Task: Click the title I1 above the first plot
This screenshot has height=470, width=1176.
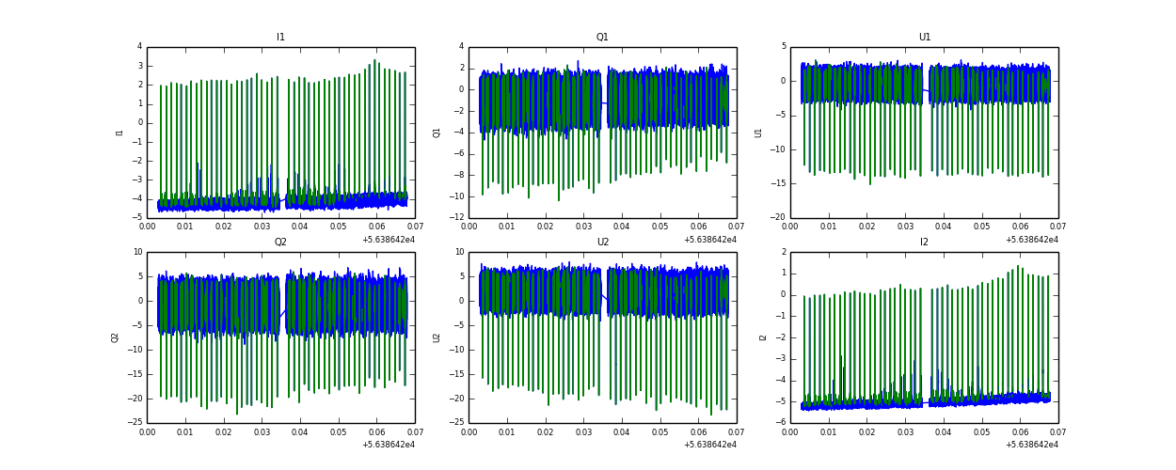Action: (280, 38)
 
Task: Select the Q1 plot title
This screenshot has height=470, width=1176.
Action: (602, 38)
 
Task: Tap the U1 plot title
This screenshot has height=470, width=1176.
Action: (925, 38)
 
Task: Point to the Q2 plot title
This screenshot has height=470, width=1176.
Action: (280, 242)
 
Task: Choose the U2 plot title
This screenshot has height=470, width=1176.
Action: (602, 242)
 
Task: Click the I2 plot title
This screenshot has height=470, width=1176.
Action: (924, 242)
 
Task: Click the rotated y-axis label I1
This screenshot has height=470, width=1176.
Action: (119, 133)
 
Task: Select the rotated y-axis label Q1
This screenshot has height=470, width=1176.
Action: (437, 133)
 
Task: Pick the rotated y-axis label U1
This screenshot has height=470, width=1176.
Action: (758, 133)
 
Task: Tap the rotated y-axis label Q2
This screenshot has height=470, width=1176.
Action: (115, 337)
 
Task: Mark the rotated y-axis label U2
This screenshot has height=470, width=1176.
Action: (437, 337)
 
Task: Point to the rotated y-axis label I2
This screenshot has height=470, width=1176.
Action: (763, 337)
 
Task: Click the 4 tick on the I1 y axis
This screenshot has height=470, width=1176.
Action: (139, 46)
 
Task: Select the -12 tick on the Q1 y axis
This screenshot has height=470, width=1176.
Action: (456, 217)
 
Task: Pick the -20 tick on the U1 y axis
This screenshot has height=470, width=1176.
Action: (778, 217)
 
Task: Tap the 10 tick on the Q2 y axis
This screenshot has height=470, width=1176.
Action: (137, 252)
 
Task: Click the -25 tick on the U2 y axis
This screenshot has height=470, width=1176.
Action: (456, 422)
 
